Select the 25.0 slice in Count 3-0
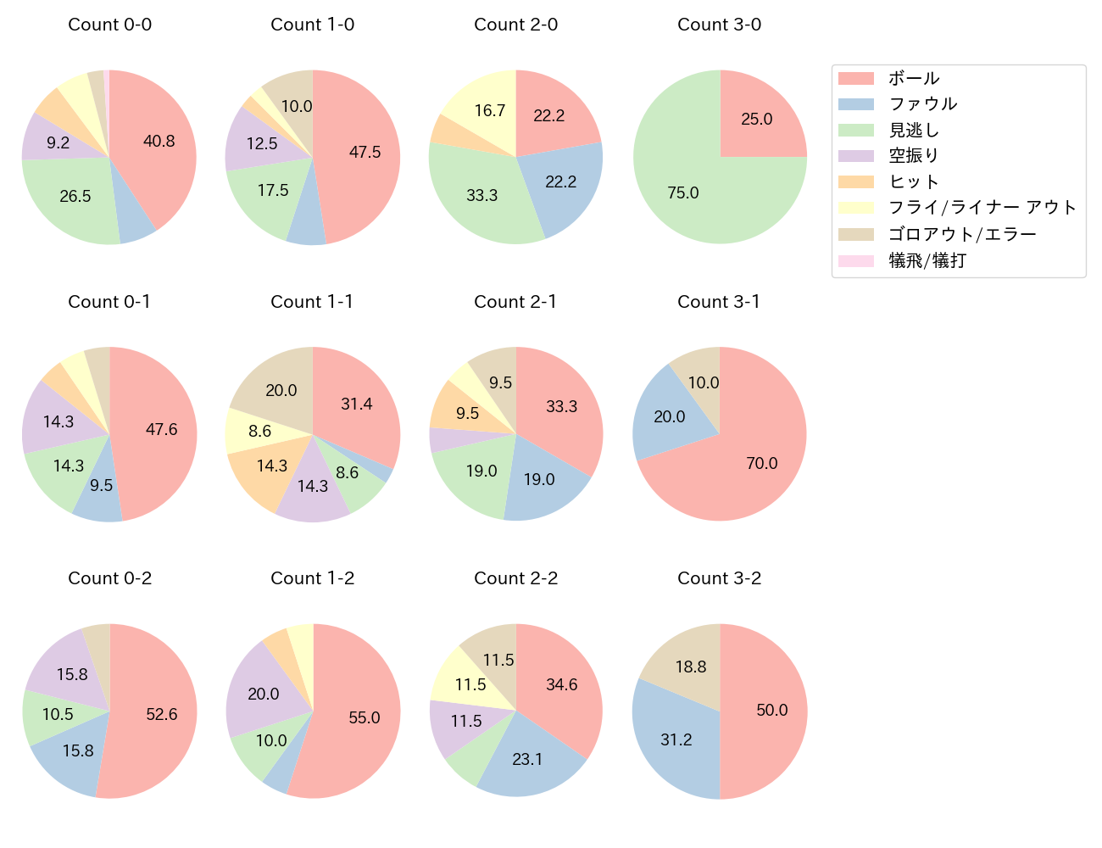[x=756, y=119]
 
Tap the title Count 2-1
[x=515, y=302]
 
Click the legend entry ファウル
[x=922, y=104]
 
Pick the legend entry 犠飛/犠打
[x=927, y=260]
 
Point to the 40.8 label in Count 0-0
[x=159, y=142]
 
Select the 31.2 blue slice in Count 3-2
[x=676, y=739]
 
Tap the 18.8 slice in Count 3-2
[x=691, y=667]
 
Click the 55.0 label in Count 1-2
[x=365, y=717]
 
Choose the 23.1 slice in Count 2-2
[x=527, y=758]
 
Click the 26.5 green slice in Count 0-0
[x=75, y=197]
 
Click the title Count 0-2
[x=110, y=578]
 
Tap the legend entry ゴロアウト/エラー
[x=962, y=234]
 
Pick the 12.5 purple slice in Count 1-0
[x=261, y=142]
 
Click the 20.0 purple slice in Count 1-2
[x=263, y=694]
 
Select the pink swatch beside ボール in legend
[x=855, y=79]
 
